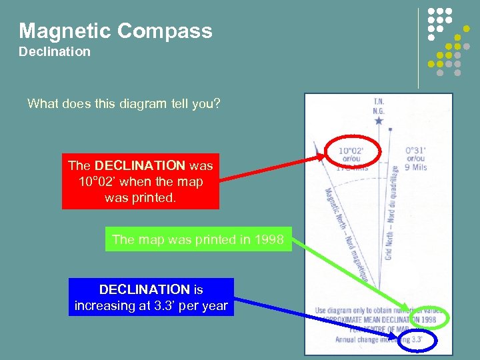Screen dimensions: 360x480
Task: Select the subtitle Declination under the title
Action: [x=55, y=51]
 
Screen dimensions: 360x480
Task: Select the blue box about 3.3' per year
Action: [x=151, y=297]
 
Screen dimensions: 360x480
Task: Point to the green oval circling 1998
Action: [x=433, y=319]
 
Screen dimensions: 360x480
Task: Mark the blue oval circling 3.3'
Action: [x=417, y=341]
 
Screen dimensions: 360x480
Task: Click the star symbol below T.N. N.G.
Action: [x=379, y=121]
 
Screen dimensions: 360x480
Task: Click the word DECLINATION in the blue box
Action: [x=145, y=290]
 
